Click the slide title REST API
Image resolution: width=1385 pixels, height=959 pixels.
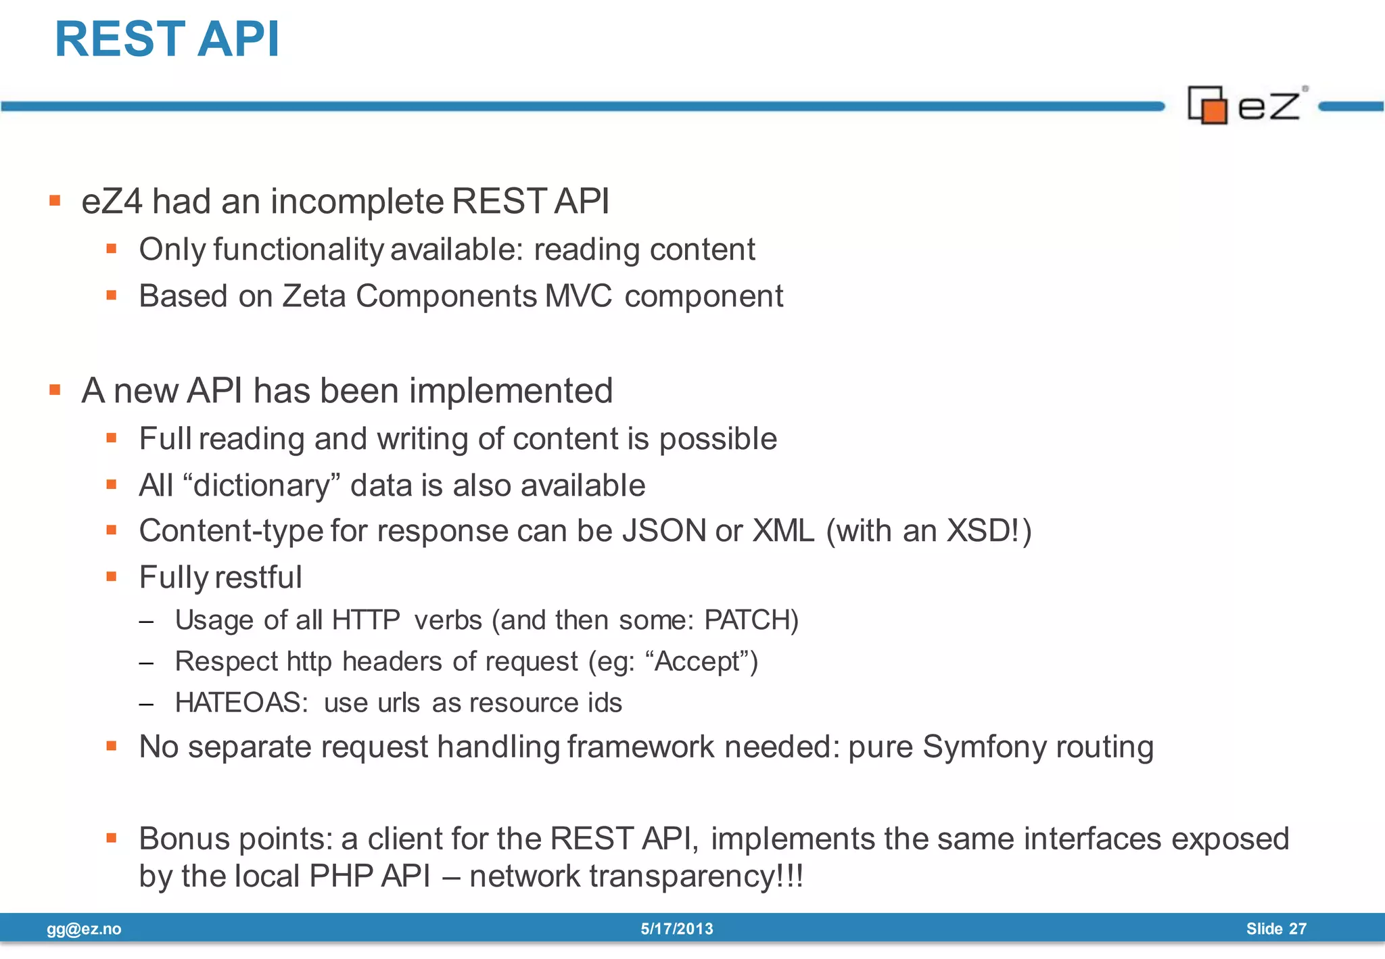click(x=166, y=39)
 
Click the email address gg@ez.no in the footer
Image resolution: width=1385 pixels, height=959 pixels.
click(x=84, y=929)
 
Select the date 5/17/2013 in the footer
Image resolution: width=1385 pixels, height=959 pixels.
click(x=677, y=929)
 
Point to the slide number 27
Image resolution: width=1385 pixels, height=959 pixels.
click(x=1297, y=929)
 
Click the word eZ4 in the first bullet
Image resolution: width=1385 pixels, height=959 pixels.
click(x=112, y=202)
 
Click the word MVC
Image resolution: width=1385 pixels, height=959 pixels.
click(x=578, y=296)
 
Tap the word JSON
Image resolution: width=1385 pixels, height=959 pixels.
click(x=664, y=531)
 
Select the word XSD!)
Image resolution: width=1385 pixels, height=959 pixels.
click(x=989, y=531)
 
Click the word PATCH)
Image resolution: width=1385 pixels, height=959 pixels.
click(x=751, y=620)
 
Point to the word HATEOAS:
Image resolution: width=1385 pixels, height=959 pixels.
click(x=241, y=703)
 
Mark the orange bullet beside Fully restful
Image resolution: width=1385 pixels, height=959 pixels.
click(x=112, y=577)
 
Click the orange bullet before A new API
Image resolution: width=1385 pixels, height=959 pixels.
click(x=55, y=390)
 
